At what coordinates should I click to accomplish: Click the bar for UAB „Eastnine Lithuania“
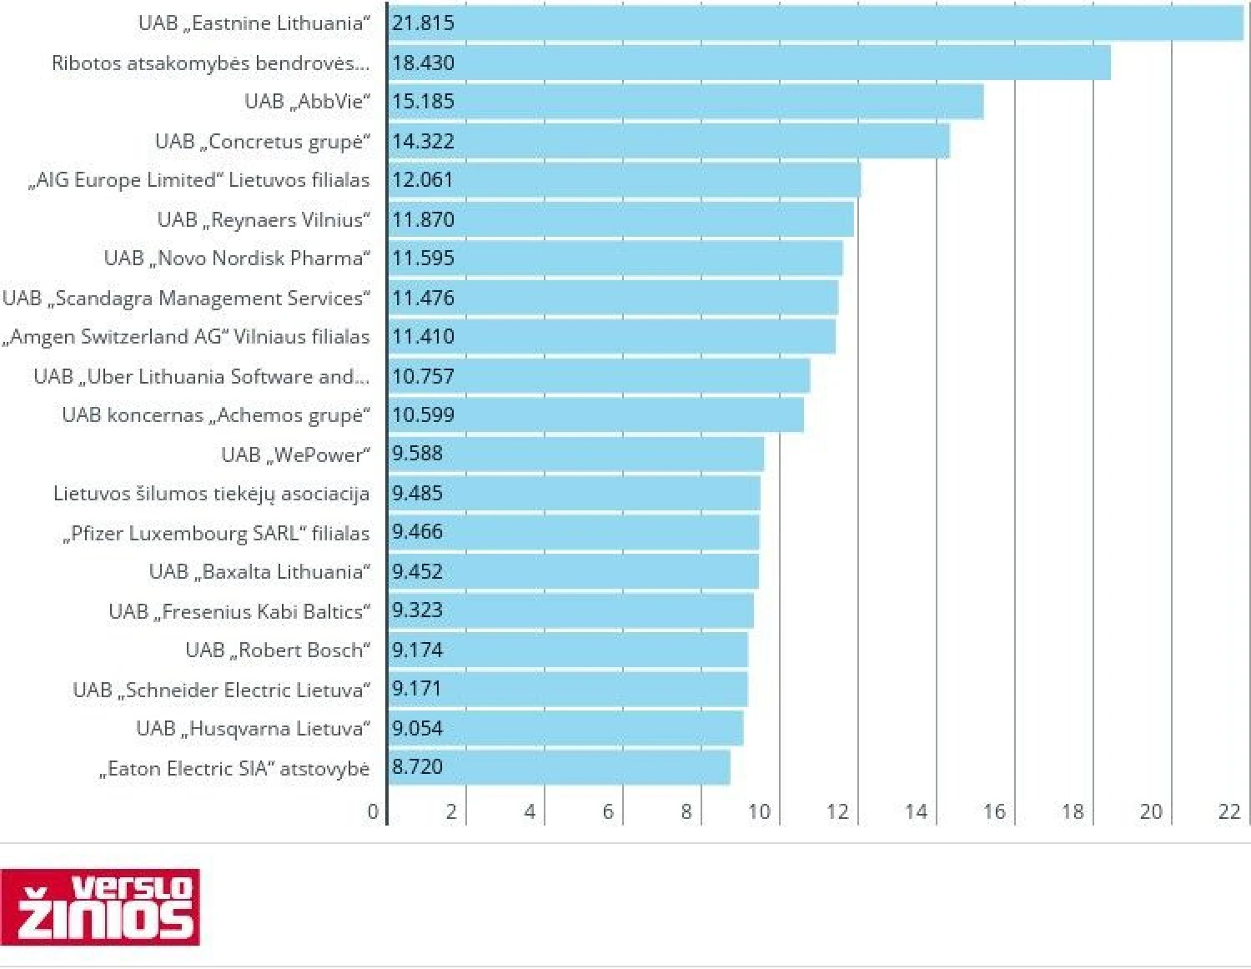coord(816,23)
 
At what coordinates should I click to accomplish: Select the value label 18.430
coord(424,63)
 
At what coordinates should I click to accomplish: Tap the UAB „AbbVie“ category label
coord(307,102)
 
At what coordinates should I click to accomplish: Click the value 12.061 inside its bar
coord(423,180)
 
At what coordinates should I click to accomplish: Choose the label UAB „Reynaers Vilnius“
coord(264,219)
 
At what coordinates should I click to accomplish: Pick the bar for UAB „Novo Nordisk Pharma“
coord(615,259)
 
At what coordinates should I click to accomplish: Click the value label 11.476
coord(423,298)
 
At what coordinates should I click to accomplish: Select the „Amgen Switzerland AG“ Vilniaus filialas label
coord(186,337)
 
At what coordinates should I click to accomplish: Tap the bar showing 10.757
coord(599,376)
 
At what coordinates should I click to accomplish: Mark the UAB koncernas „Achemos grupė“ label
coord(215,415)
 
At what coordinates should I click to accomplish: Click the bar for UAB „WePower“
coord(576,454)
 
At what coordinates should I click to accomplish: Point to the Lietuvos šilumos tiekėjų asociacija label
coord(211,494)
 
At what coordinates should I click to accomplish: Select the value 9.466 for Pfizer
coord(417,532)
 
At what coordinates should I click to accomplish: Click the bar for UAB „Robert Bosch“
coord(568,650)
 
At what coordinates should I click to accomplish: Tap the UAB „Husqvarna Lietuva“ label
coord(253,729)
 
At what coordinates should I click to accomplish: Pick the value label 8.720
coord(417,767)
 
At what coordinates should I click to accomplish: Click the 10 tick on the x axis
coord(759,811)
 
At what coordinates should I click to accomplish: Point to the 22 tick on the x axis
coord(1229,811)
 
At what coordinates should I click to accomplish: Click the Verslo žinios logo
coord(100,907)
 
